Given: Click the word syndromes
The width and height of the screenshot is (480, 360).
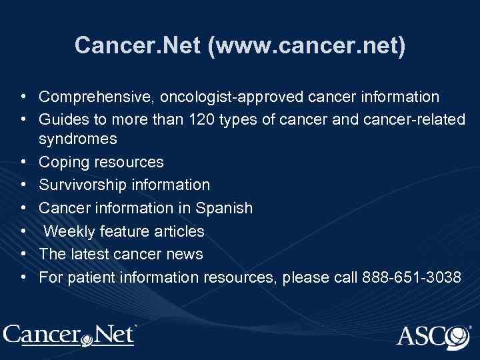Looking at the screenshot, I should point(78,140).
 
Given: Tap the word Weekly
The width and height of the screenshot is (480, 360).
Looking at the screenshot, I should point(69,231).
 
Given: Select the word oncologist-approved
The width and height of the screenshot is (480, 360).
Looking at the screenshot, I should point(215,97).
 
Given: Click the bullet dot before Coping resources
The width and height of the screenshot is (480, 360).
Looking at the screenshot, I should point(23,162).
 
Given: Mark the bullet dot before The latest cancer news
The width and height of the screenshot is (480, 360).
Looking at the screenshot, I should point(23,253).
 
